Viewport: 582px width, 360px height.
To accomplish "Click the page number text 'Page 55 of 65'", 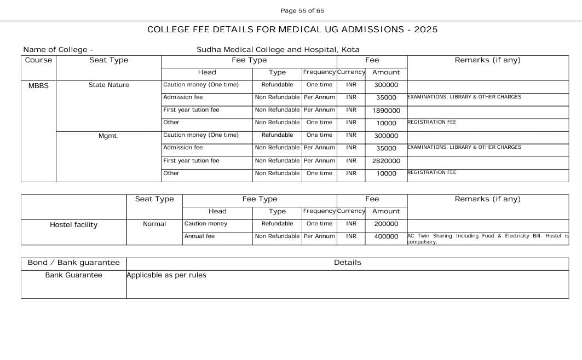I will (302, 10).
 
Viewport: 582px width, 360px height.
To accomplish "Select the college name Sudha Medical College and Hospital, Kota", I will (278, 49).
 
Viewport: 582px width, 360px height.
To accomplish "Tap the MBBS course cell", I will (38, 85).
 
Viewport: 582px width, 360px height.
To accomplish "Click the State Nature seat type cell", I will (108, 85).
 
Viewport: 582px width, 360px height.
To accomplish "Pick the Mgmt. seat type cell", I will (108, 136).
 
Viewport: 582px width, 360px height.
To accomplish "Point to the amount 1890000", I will (386, 111).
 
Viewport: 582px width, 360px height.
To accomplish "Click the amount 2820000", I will (386, 161).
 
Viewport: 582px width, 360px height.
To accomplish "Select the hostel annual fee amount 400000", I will (386, 236).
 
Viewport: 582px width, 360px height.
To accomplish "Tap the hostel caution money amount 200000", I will (386, 224).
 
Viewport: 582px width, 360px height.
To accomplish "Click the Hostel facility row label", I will (73, 225).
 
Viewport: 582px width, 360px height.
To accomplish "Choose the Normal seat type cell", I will (154, 224).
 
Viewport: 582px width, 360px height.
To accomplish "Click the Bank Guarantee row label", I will (73, 275).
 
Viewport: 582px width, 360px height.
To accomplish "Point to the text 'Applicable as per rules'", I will (166, 275).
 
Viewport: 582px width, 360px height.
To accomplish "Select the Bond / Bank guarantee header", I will (73, 263).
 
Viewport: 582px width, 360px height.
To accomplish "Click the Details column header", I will (347, 263).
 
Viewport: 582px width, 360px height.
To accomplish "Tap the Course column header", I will (38, 60).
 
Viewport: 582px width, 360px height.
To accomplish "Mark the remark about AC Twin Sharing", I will (487, 239).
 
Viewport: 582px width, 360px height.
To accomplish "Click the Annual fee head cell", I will (199, 236).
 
